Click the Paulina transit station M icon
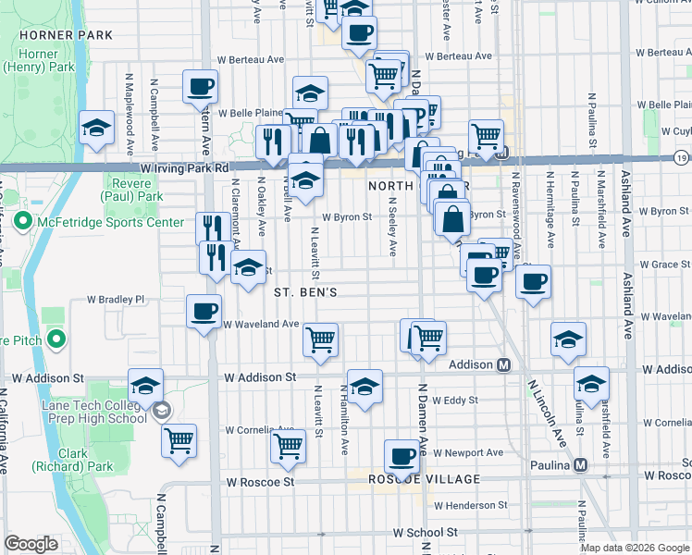coord(581,464)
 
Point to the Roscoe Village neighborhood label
coord(412,479)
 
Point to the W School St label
coord(426,533)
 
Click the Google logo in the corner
coord(31,544)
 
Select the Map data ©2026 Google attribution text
coord(634,548)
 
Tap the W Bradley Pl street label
coord(116,300)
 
